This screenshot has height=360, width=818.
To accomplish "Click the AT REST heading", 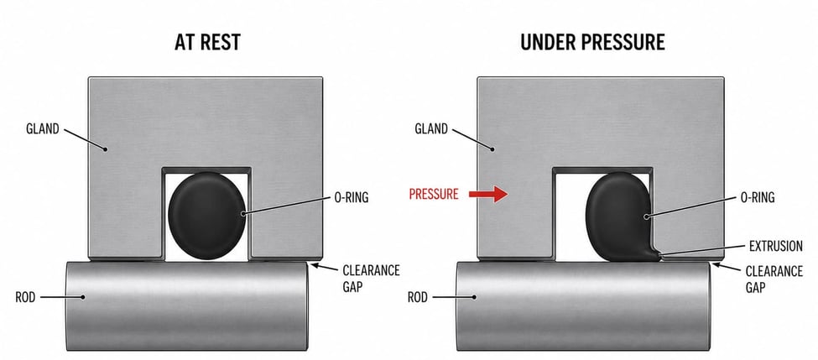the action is pyautogui.click(x=207, y=43).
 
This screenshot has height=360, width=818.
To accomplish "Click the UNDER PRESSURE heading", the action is pyautogui.click(x=592, y=43).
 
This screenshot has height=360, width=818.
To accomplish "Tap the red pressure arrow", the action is pyautogui.click(x=488, y=195).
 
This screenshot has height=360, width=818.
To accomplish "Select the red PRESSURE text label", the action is pyautogui.click(x=434, y=195).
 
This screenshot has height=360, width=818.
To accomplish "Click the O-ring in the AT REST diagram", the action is pyautogui.click(x=207, y=216).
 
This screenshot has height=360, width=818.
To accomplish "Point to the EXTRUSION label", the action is pyautogui.click(x=776, y=246).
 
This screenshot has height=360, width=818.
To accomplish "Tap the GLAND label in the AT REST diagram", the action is pyautogui.click(x=43, y=129).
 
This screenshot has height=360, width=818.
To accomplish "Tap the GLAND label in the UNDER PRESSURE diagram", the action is pyautogui.click(x=431, y=129).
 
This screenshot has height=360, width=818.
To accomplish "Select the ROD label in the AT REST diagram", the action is pyautogui.click(x=25, y=297).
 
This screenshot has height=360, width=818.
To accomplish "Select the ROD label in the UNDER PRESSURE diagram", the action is pyautogui.click(x=417, y=297).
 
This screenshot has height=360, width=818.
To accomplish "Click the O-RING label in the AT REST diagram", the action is pyautogui.click(x=351, y=198).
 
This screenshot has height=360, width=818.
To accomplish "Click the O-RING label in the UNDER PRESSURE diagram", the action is pyautogui.click(x=758, y=198).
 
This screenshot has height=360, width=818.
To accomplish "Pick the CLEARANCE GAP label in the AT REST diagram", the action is pyautogui.click(x=371, y=279).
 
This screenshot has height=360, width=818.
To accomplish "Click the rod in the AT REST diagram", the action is pyautogui.click(x=187, y=305).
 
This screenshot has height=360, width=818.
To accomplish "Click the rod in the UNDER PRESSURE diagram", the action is pyautogui.click(x=583, y=305).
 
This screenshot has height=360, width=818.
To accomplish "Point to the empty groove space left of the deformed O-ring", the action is pyautogui.click(x=571, y=217).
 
